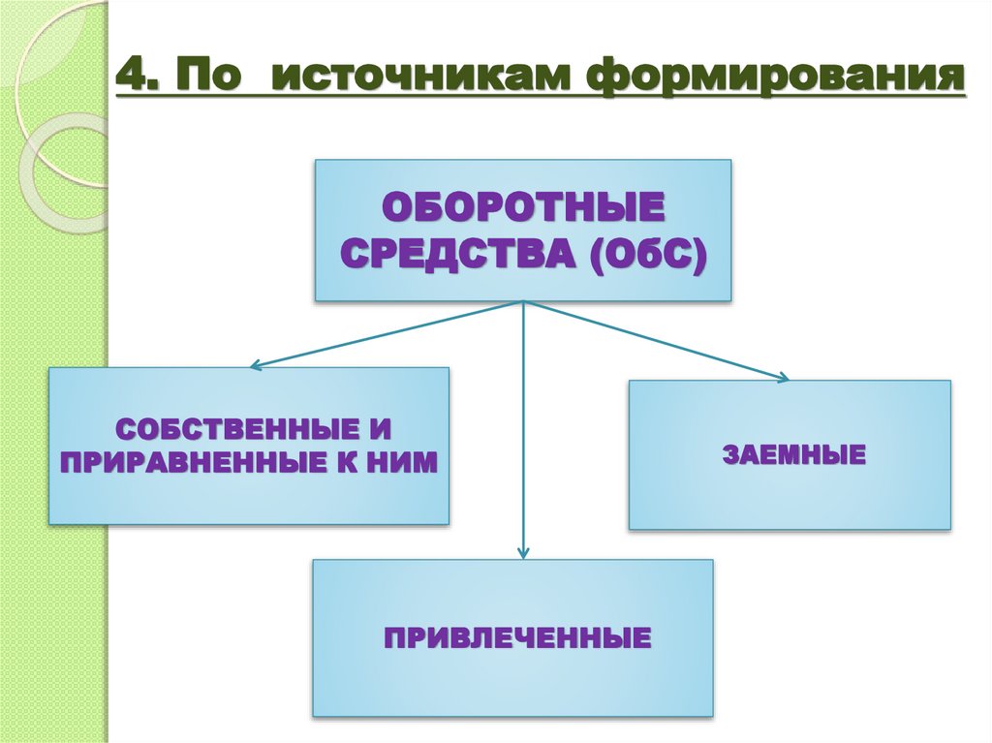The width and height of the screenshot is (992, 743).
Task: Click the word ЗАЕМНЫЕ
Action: (792, 454)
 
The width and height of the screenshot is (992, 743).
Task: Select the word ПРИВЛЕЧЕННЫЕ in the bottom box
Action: (516, 638)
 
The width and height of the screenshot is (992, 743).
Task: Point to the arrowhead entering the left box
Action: (255, 366)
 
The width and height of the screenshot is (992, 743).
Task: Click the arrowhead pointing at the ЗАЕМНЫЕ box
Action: (785, 378)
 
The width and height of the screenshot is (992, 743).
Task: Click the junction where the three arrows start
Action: (523, 301)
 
